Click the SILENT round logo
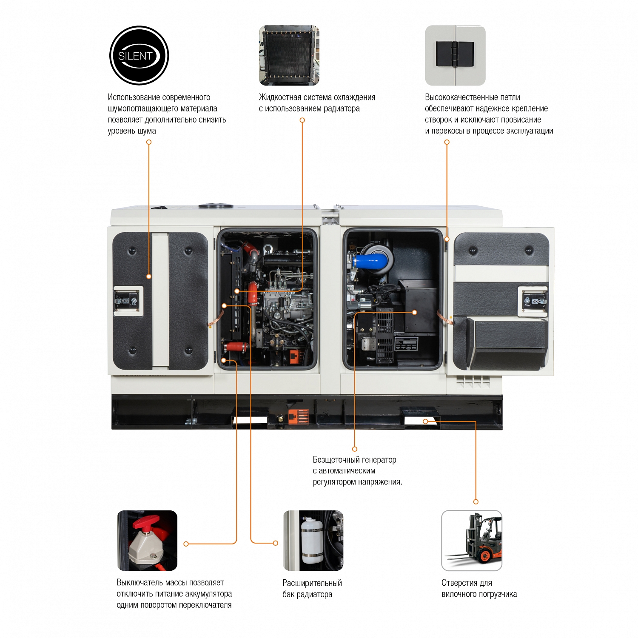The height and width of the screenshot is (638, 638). pyautogui.click(x=139, y=55)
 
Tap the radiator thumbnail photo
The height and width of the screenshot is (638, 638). pyautogui.click(x=289, y=55)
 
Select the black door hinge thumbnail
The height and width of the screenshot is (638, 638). pyautogui.click(x=455, y=55)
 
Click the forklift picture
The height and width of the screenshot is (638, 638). pyautogui.click(x=472, y=540)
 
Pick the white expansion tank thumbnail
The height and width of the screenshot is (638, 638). pyautogui.click(x=313, y=540)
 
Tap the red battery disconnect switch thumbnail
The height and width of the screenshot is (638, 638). pyautogui.click(x=147, y=540)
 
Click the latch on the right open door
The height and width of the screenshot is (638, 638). pyautogui.click(x=533, y=301)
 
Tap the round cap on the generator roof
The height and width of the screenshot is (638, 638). pyautogui.click(x=216, y=206)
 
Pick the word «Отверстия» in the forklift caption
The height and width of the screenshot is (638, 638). pyautogui.click(x=460, y=583)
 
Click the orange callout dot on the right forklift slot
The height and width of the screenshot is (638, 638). pyautogui.click(x=425, y=422)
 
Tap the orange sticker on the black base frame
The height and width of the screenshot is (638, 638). pyautogui.click(x=299, y=417)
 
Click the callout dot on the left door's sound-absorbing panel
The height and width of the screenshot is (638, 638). pyautogui.click(x=149, y=276)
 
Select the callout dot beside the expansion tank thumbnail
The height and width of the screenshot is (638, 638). pyautogui.click(x=276, y=543)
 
